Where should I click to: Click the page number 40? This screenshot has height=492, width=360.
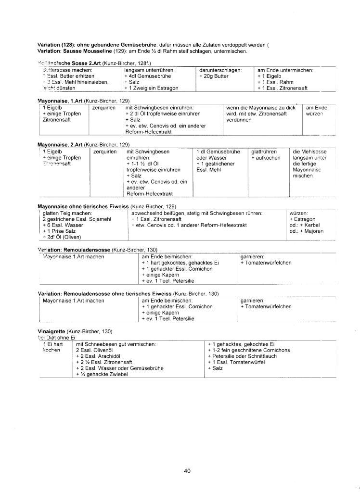click(187, 471)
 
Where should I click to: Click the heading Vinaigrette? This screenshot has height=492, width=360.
click(51, 331)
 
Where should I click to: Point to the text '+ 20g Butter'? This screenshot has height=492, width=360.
click(214, 76)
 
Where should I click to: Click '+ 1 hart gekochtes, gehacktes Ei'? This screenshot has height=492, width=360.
click(180, 263)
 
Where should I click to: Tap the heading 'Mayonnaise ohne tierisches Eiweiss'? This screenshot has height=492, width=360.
click(83, 206)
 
